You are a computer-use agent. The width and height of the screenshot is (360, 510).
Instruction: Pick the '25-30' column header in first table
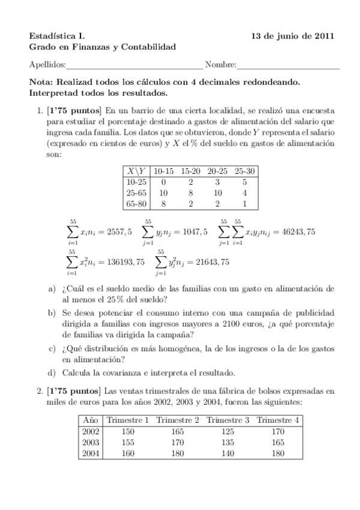(245, 171)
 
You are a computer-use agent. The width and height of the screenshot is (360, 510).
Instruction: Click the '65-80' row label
(136, 204)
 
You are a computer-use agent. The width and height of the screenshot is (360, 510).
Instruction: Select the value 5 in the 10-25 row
(245, 182)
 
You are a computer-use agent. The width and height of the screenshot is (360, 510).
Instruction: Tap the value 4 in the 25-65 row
(245, 193)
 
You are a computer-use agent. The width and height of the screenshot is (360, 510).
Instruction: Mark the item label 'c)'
(52, 349)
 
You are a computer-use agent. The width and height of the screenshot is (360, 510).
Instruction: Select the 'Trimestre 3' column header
(227, 419)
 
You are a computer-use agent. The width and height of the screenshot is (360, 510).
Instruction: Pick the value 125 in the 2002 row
(227, 431)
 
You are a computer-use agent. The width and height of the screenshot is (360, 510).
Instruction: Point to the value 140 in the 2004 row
(227, 453)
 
